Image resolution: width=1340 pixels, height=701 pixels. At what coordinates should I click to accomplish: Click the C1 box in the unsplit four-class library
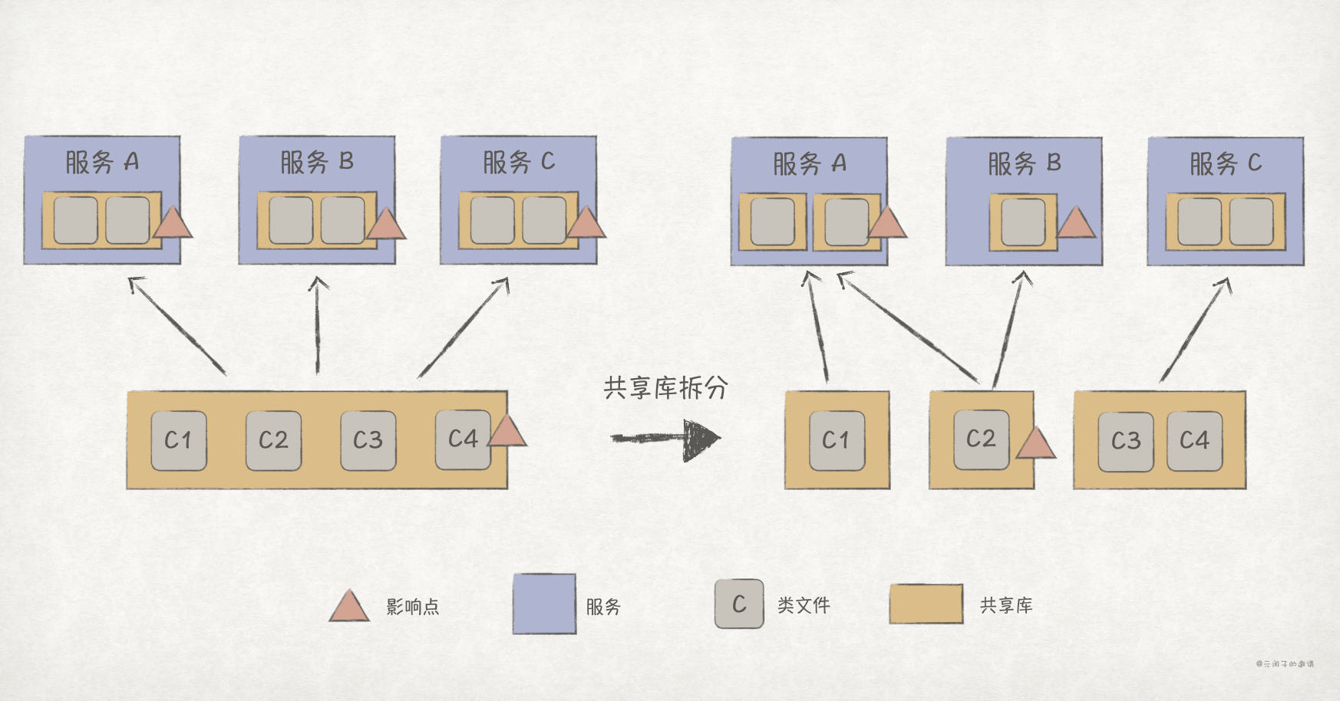click(x=178, y=440)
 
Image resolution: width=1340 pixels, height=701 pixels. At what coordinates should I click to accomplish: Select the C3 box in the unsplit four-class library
click(x=368, y=440)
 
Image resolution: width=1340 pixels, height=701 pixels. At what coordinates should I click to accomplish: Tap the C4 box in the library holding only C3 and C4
click(x=1194, y=440)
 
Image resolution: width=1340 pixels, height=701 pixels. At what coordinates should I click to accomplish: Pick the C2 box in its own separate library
click(x=981, y=439)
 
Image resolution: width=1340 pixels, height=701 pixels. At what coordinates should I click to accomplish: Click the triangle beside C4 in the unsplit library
click(x=507, y=433)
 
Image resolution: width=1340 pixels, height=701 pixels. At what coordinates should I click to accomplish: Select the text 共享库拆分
click(x=665, y=388)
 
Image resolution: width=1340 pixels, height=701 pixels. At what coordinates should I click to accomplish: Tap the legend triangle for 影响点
click(x=349, y=607)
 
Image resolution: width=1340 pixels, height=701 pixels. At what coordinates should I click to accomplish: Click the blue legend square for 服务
click(x=544, y=604)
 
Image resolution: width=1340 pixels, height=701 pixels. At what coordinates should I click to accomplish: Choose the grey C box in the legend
click(x=739, y=604)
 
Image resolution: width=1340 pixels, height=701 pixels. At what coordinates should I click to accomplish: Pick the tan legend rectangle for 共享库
click(x=926, y=604)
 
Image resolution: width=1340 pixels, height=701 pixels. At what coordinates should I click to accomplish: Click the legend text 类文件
click(x=804, y=606)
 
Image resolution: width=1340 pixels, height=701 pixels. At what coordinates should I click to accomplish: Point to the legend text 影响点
click(x=413, y=607)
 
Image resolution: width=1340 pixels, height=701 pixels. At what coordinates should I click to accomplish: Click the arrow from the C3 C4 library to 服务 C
click(x=1196, y=330)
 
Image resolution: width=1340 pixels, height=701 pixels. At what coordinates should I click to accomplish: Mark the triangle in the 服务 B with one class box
click(x=1075, y=222)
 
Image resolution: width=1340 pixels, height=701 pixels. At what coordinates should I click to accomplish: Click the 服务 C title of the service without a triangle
click(x=1225, y=163)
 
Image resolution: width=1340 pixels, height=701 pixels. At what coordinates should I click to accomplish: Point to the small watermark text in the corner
click(x=1285, y=663)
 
